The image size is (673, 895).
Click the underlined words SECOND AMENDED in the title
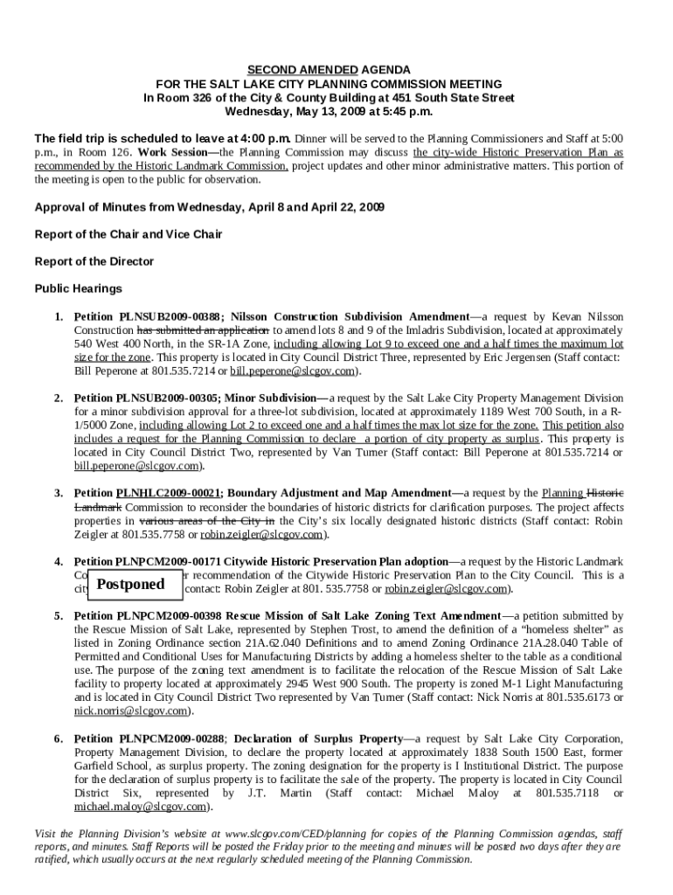pyautogui.click(x=290, y=70)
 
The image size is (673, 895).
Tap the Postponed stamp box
pyautogui.click(x=130, y=584)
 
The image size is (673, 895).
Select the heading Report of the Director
pyautogui.click(x=94, y=261)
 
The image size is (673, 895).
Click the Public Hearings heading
pyautogui.click(x=78, y=288)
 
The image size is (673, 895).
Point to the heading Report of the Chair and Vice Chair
pyautogui.click(x=128, y=234)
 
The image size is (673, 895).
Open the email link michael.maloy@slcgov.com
pyautogui.click(x=142, y=807)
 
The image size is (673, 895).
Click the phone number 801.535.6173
pyautogui.click(x=584, y=697)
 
